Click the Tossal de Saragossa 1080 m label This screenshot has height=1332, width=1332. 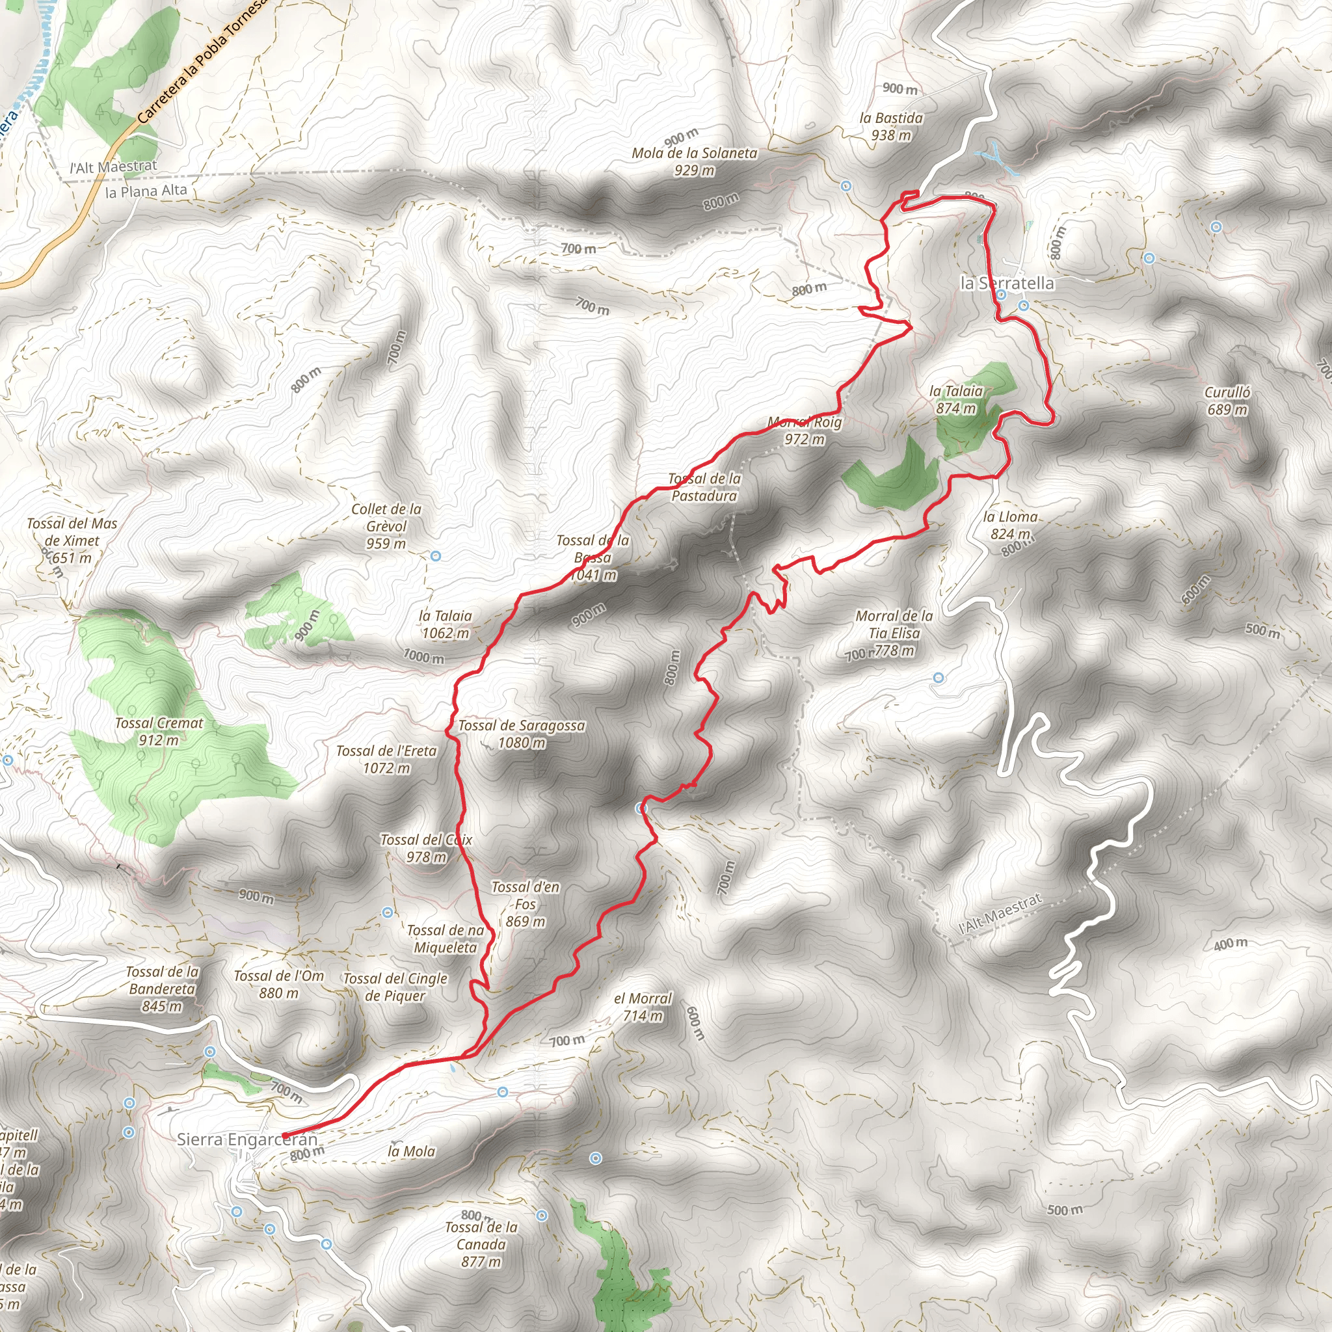point(521,734)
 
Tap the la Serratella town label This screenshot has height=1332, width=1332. point(1007,283)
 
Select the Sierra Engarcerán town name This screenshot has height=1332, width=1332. point(246,1139)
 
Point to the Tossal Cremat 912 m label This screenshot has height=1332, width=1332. point(159,732)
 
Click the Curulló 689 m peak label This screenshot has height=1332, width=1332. point(1227,401)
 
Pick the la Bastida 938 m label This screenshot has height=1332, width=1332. point(891,127)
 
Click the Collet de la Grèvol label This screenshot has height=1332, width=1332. point(386,526)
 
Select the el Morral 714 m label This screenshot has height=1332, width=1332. point(643,1007)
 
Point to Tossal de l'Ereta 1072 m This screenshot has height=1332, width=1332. point(386,759)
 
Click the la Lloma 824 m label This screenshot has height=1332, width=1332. point(1010,525)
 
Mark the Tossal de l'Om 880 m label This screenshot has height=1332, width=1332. point(278,984)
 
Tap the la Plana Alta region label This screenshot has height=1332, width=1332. point(146,191)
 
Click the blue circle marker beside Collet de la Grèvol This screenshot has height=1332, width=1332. point(435,555)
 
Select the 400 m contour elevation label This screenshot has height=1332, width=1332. point(1230,943)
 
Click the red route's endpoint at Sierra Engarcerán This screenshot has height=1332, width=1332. point(285,1136)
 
